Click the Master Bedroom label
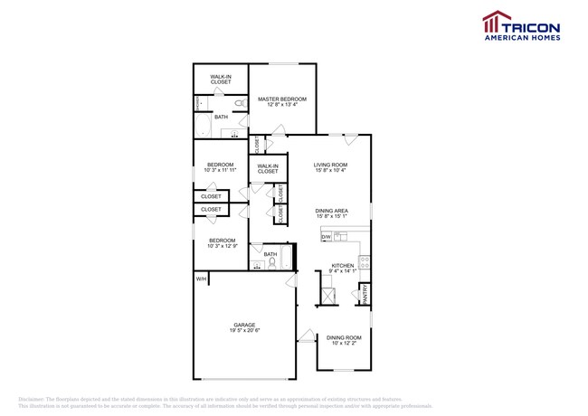click(281, 99)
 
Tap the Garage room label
click(244, 325)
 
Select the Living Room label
click(330, 165)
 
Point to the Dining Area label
click(332, 211)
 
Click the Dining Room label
click(344, 337)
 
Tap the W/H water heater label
click(201, 279)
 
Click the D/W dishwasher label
click(326, 237)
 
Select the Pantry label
click(365, 294)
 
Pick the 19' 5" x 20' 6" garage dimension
click(244, 331)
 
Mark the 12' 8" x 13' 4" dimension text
click(281, 105)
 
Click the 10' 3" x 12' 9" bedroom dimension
click(222, 246)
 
